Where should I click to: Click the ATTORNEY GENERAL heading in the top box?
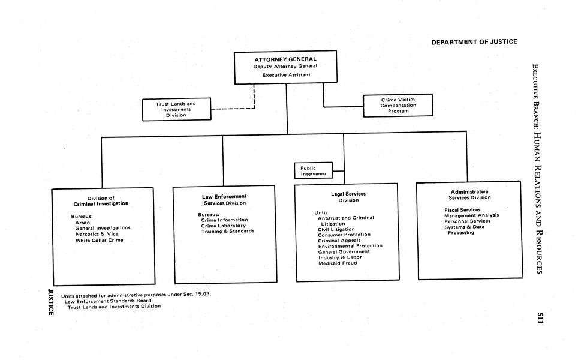coord(285,59)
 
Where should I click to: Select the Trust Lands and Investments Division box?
coord(176,109)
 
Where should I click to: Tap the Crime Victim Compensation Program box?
coord(398,105)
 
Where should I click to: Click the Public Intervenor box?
coord(314,171)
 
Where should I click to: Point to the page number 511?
coord(540,318)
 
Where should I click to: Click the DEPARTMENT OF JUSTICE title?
coord(474,41)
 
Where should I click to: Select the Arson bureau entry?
coord(82,222)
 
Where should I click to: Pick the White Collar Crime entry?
coord(99,241)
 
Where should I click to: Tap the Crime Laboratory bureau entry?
coord(223,226)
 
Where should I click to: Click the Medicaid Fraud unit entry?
coord(338,263)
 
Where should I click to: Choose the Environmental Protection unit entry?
coord(350,246)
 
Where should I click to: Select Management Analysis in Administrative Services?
coord(471,215)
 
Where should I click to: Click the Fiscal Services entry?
coord(462,209)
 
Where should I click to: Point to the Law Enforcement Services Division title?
coord(224,200)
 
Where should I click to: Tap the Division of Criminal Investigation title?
coord(101,201)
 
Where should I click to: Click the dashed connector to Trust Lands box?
coord(234,109)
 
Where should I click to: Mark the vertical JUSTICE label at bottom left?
coord(51,301)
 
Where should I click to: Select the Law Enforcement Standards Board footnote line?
coord(108,301)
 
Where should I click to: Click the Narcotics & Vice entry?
coord(97,234)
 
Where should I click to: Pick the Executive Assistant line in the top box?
coord(285,75)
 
